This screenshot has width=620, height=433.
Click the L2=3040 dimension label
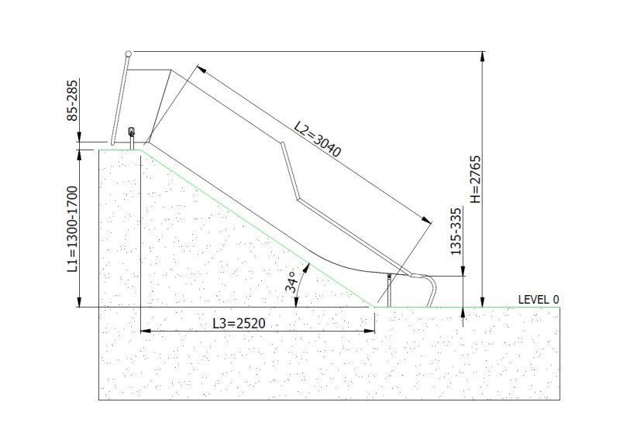click(317, 139)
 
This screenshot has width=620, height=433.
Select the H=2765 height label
click(475, 179)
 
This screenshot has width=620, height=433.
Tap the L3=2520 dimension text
click(239, 323)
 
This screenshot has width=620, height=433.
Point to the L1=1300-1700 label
click(73, 229)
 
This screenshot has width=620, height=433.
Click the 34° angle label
click(291, 282)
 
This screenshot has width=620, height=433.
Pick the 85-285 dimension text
click(73, 101)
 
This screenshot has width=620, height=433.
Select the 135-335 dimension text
click(456, 232)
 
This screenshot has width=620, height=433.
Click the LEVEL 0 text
click(539, 300)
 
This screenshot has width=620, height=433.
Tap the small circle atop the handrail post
click(128, 53)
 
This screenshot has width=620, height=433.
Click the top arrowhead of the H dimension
click(482, 56)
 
